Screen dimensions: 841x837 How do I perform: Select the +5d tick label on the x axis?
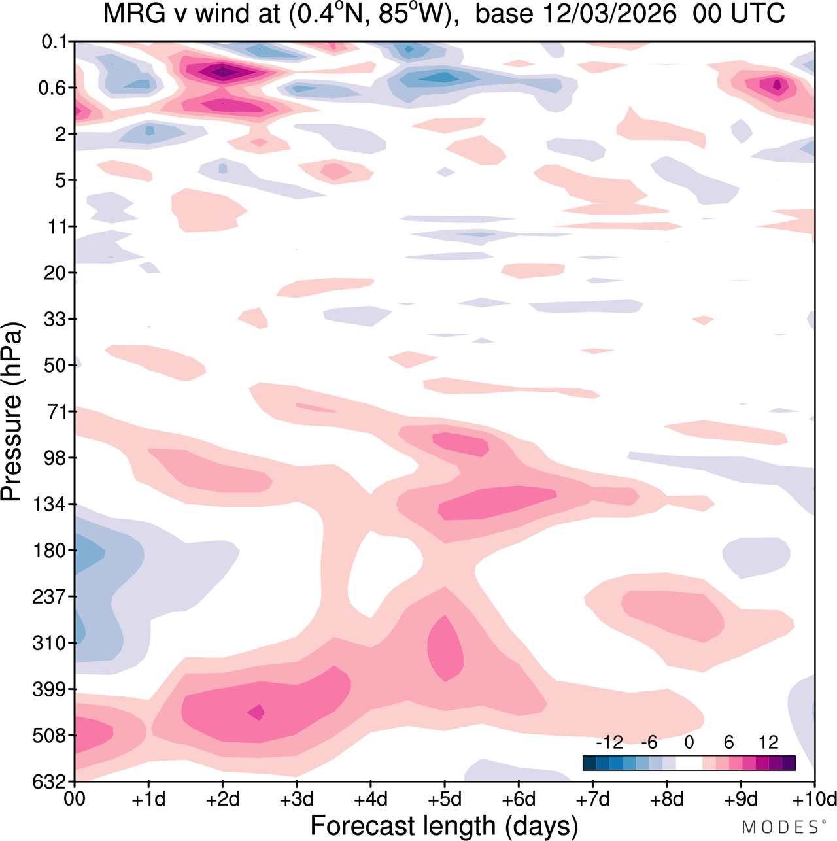[445, 800]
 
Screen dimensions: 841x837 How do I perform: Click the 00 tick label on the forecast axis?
[75, 800]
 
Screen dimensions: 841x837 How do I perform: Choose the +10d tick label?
[813, 800]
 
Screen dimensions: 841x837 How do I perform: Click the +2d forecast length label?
[222, 800]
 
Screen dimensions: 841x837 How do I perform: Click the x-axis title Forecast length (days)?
[444, 825]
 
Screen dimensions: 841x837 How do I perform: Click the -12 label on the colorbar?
[609, 743]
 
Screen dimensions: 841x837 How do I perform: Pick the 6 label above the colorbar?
[728, 743]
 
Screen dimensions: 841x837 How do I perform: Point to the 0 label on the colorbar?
[689, 743]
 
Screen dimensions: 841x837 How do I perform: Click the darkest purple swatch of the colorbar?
[789, 763]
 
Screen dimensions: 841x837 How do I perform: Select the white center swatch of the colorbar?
[689, 763]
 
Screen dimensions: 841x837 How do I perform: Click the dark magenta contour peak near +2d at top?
[222, 71]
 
